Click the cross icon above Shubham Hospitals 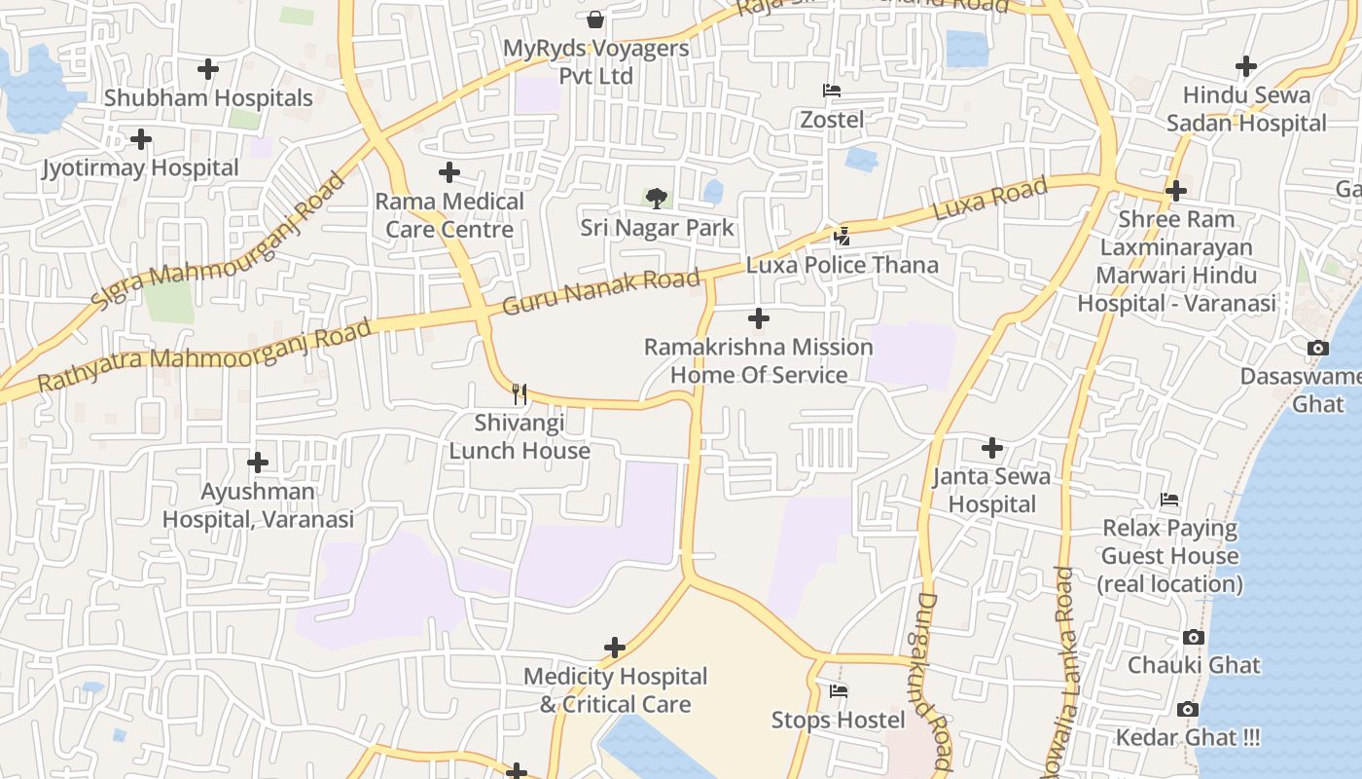[x=207, y=69]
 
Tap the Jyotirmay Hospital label [x=140, y=167]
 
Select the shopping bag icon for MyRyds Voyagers [x=595, y=19]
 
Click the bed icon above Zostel [x=831, y=91]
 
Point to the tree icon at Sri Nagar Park [x=658, y=199]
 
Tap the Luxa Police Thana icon [x=842, y=236]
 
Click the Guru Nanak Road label [x=600, y=291]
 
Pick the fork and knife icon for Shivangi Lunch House [x=520, y=393]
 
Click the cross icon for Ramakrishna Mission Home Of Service [x=759, y=318]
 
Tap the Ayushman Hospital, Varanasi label [x=258, y=505]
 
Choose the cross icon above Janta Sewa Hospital [x=992, y=448]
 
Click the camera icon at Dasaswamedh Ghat [x=1318, y=348]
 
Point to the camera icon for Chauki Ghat [x=1194, y=638]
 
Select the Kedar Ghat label [x=1187, y=738]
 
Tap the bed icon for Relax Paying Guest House [x=1169, y=500]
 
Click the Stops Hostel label [x=838, y=720]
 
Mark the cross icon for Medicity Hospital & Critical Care [x=615, y=648]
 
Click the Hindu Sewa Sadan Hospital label [x=1246, y=109]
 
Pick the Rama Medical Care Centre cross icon [x=449, y=172]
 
